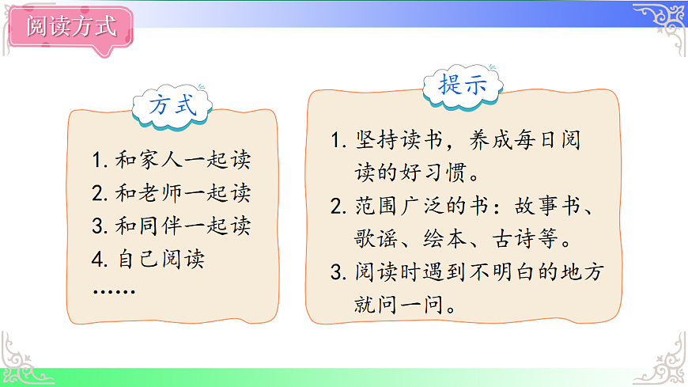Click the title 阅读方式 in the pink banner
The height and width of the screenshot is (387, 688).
click(x=71, y=26)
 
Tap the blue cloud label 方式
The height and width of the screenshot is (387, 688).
click(x=172, y=105)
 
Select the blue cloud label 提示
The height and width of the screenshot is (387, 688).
click(x=463, y=85)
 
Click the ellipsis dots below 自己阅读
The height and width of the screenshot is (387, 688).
click(x=113, y=291)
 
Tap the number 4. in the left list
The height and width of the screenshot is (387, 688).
click(x=100, y=259)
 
